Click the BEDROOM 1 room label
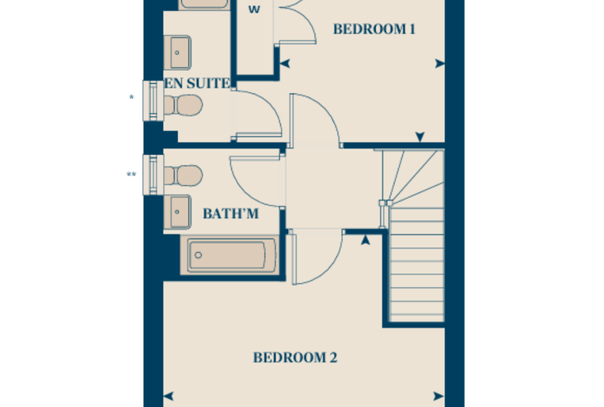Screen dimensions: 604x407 (x=374, y=29)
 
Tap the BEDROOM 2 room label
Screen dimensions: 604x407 (x=295, y=358)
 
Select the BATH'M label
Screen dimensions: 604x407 (x=230, y=214)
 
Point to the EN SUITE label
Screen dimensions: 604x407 (x=197, y=83)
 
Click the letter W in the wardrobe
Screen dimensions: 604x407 (x=254, y=10)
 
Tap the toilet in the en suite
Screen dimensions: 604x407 (x=183, y=105)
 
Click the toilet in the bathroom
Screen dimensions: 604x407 (x=183, y=176)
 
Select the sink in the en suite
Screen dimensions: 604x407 (x=177, y=52)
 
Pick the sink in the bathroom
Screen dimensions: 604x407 (x=177, y=212)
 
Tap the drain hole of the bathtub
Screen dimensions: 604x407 (x=199, y=255)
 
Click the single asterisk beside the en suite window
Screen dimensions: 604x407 (x=131, y=98)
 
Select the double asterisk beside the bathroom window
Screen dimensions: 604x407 (x=131, y=175)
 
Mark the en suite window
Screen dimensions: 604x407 (x=153, y=101)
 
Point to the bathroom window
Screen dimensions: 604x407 (x=153, y=175)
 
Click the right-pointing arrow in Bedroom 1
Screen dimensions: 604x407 (x=440, y=64)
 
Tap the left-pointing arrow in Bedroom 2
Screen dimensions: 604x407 (x=168, y=396)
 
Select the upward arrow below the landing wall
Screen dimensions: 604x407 (x=366, y=240)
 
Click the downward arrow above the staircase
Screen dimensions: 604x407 (x=420, y=137)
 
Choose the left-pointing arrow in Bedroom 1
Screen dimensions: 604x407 (x=285, y=64)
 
